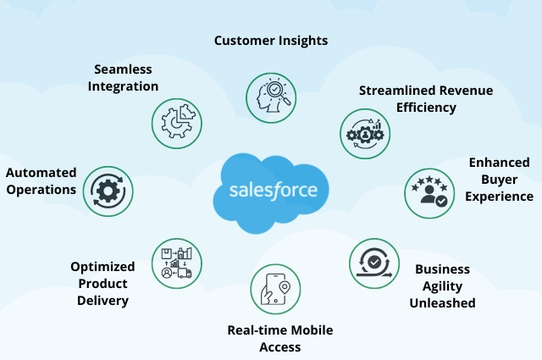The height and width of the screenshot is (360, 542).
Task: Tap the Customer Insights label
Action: tap(270, 40)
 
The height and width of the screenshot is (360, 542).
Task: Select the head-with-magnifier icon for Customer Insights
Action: tap(270, 95)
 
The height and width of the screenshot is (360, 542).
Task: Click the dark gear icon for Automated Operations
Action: tap(108, 190)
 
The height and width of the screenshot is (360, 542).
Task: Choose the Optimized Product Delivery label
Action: tap(100, 283)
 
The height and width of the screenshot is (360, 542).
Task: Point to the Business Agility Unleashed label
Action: tap(442, 285)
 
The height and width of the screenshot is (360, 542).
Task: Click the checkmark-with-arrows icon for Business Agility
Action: tap(373, 263)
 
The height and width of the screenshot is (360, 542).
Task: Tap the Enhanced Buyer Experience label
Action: tap(500, 179)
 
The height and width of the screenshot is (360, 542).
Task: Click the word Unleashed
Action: tap(442, 302)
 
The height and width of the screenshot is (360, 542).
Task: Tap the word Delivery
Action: tap(100, 300)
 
